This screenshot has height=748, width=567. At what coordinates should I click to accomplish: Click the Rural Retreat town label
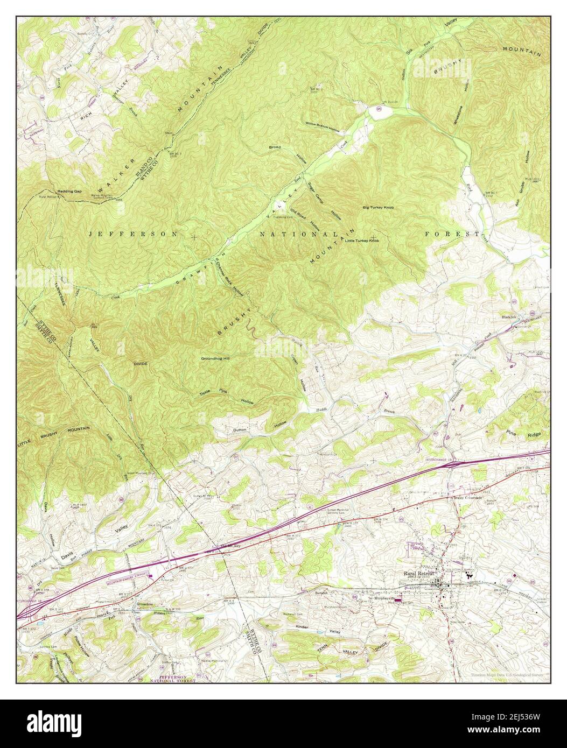click(x=418, y=574)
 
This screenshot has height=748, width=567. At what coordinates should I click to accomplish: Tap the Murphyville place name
click(x=383, y=597)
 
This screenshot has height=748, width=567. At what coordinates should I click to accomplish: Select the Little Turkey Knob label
click(x=362, y=241)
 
